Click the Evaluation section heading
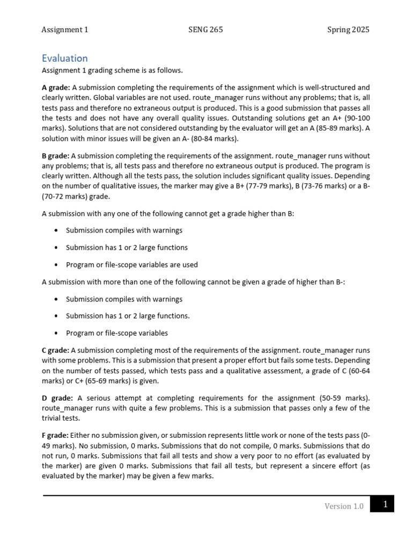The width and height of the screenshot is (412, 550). click(64, 58)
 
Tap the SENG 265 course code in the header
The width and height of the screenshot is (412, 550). click(205, 30)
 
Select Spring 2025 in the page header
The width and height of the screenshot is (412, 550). click(348, 30)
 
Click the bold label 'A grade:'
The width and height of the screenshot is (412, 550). click(55, 88)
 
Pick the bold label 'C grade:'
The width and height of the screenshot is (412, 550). click(55, 350)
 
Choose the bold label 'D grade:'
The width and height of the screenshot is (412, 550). click(57, 398)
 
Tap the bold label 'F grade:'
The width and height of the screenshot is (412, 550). click(55, 436)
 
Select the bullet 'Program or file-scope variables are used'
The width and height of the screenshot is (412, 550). click(131, 265)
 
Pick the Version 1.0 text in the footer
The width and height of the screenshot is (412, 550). click(344, 506)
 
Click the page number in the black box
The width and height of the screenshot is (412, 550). click(385, 504)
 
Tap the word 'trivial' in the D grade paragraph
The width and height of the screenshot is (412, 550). click(52, 418)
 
